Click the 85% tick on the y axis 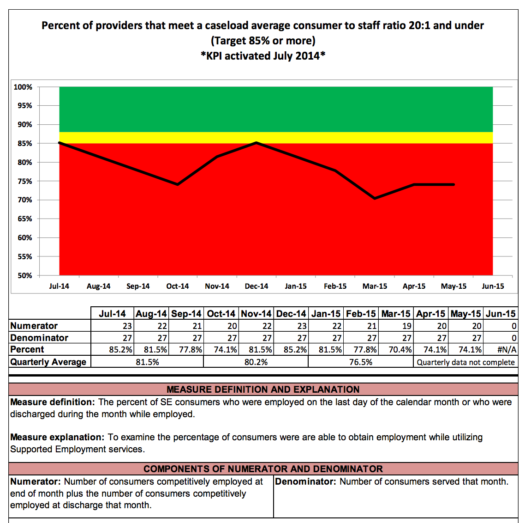(x=25, y=143)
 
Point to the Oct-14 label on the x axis (x=178, y=286)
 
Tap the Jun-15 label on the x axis (x=493, y=286)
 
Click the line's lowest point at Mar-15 (x=375, y=198)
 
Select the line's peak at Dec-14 (x=257, y=143)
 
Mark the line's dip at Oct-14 (x=178, y=184)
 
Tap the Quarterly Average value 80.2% (x=256, y=362)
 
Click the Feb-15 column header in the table (x=361, y=314)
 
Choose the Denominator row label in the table (x=39, y=338)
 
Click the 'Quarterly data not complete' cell (x=465, y=362)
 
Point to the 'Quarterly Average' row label (x=48, y=362)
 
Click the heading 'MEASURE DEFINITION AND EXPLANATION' (x=263, y=389)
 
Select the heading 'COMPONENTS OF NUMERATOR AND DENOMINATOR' (x=263, y=469)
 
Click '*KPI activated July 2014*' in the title (x=263, y=56)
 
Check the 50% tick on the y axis (x=25, y=275)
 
